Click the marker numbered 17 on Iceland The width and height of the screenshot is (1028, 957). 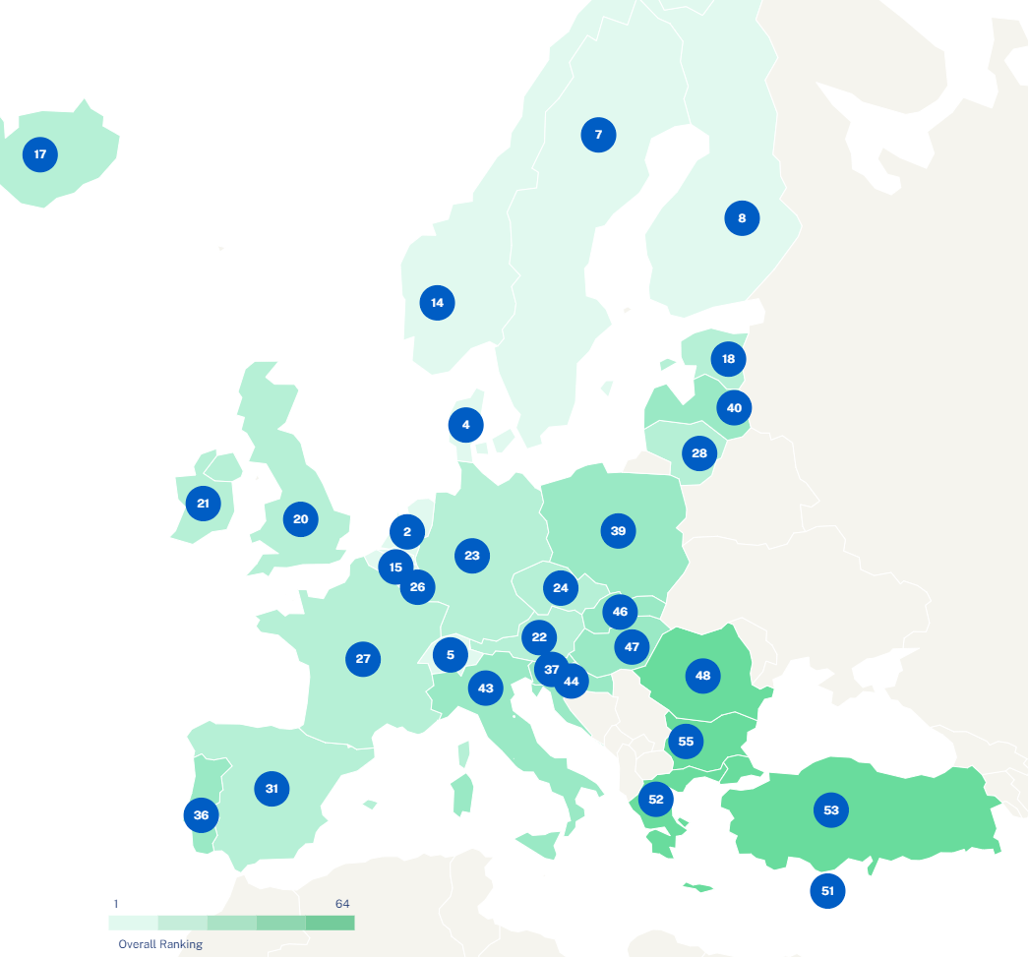40,154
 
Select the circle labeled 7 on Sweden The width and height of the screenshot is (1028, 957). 598,134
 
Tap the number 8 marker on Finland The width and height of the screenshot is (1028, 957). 742,218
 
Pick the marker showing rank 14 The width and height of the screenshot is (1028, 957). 437,303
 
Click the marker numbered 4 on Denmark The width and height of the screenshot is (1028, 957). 465,426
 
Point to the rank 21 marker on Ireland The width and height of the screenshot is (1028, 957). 203,504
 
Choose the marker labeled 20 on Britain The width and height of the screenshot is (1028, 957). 301,519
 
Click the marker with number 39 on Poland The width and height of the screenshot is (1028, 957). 618,531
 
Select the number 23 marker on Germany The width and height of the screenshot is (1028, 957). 472,556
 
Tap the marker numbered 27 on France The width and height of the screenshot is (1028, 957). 363,658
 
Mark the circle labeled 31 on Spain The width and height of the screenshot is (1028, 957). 272,789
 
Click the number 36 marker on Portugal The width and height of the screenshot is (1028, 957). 201,814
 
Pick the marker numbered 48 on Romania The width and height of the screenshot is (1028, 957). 702,676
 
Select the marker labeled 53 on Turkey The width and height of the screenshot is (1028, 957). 831,810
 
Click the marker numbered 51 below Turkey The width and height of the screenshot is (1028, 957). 827,891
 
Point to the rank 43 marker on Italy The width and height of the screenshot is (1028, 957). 485,688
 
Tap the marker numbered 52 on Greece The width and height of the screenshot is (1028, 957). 656,799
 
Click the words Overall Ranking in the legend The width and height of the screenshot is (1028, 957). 160,944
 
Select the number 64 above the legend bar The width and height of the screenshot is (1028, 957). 342,904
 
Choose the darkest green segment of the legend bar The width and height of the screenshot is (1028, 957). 330,923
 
